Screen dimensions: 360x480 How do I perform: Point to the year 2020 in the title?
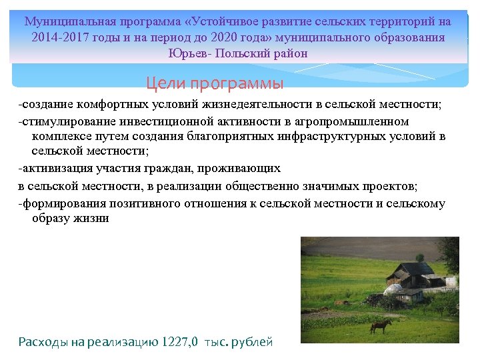coord(242,37)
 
